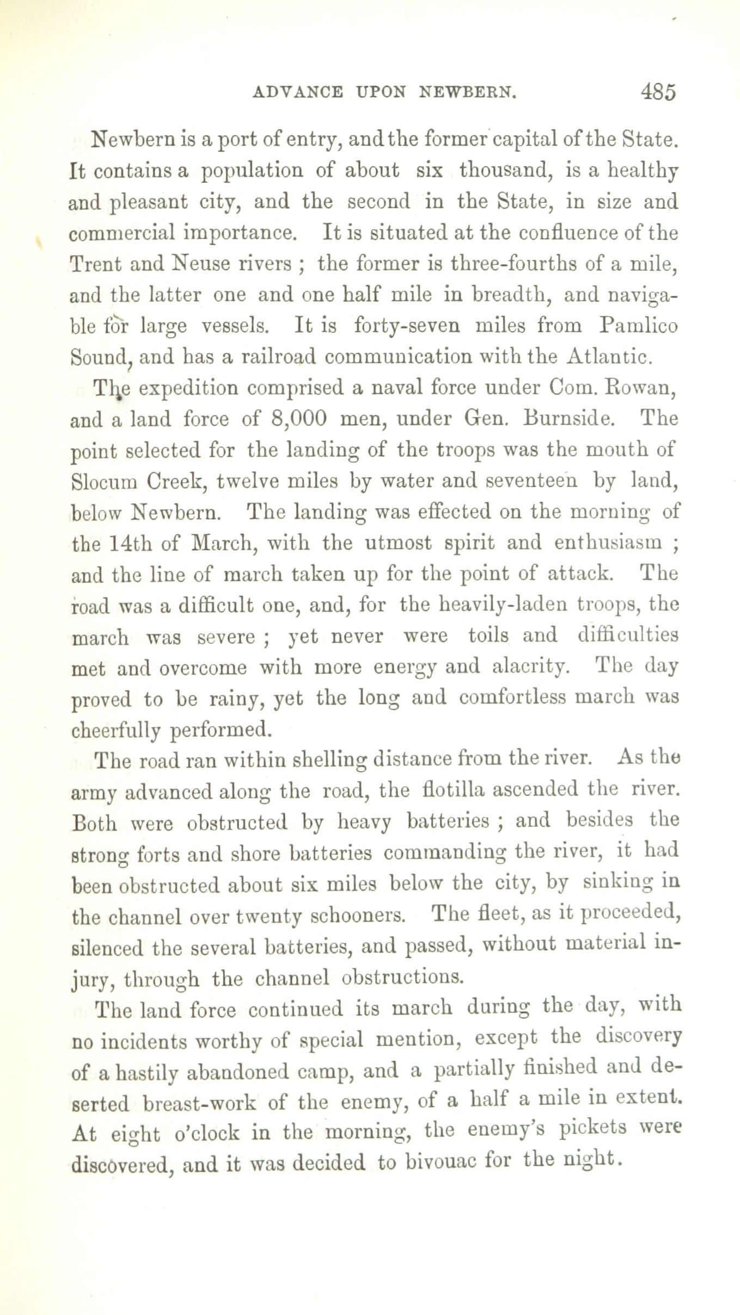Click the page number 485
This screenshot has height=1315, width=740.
[x=658, y=91]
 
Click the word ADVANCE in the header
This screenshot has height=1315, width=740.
[x=298, y=92]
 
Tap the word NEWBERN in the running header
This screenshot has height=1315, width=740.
[x=467, y=92]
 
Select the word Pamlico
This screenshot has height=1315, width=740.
[x=638, y=326]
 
